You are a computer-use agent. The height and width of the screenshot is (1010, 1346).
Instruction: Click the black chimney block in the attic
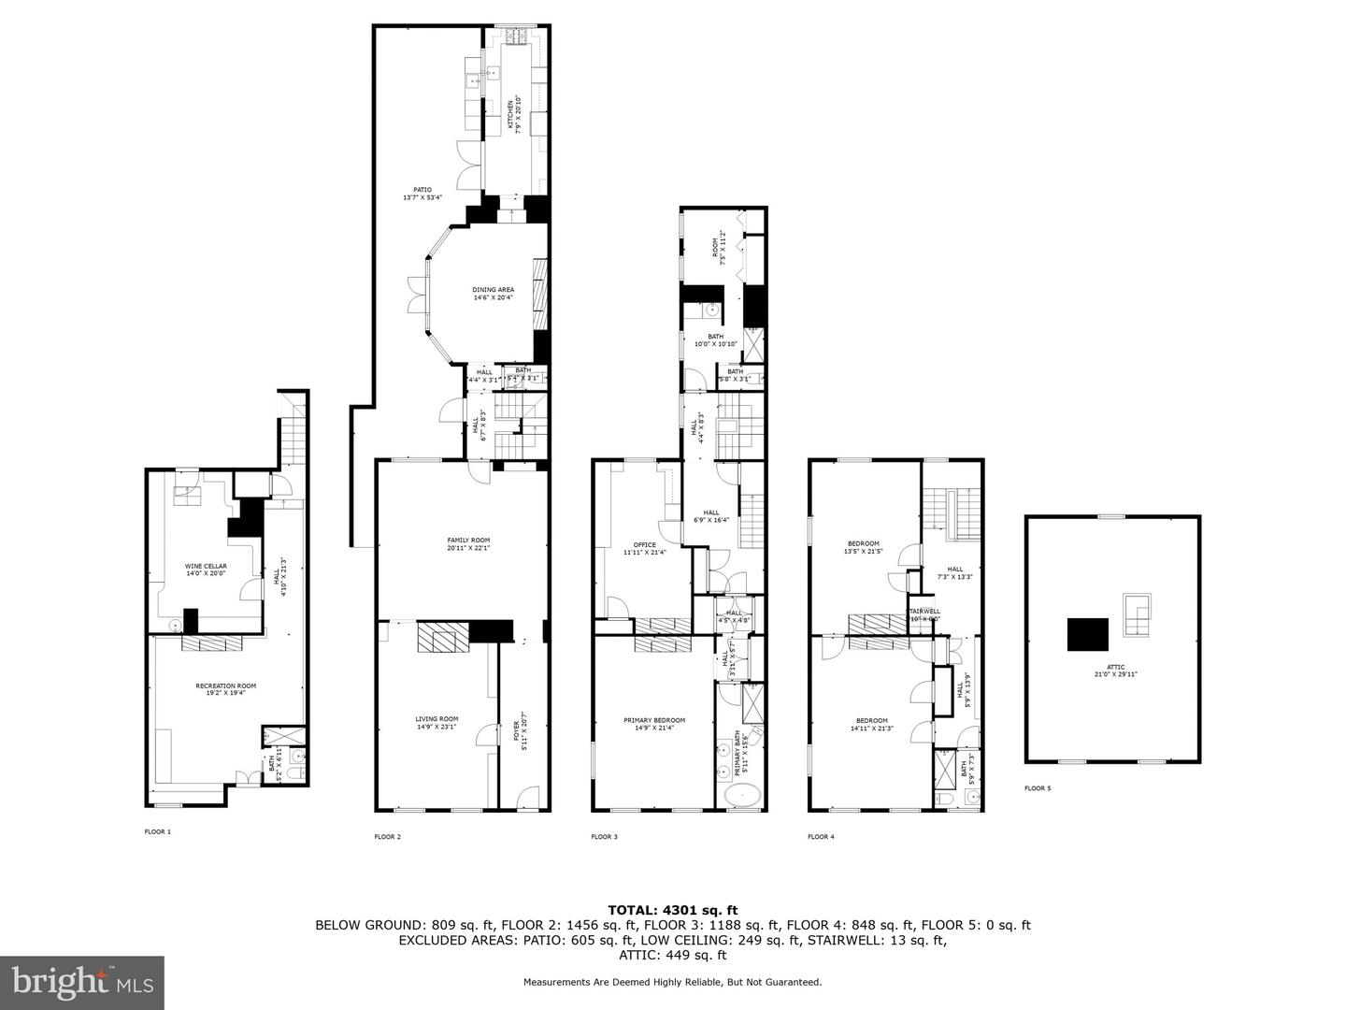tap(1088, 635)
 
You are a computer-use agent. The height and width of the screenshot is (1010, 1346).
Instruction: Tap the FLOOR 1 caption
tap(157, 831)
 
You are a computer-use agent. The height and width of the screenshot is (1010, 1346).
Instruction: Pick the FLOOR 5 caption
tap(1037, 788)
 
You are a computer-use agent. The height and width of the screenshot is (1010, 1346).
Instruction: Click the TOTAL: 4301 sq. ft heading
tap(672, 909)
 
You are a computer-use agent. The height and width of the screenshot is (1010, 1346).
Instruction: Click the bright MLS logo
tap(82, 982)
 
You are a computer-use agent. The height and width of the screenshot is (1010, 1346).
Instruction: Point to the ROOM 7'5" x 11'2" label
tap(720, 250)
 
